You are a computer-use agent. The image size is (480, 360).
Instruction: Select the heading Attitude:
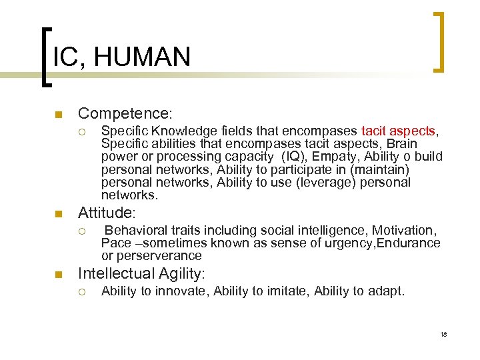click(107, 213)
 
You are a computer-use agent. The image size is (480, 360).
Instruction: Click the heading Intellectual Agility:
click(142, 273)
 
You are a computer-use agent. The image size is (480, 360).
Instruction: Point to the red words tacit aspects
click(398, 131)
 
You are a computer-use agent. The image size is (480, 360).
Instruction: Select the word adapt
click(387, 291)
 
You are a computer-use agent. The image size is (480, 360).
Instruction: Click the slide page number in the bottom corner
click(443, 333)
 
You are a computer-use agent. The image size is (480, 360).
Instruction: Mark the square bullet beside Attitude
click(59, 215)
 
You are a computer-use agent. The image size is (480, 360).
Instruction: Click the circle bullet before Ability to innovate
click(82, 291)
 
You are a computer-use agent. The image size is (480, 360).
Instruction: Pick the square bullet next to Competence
click(59, 115)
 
